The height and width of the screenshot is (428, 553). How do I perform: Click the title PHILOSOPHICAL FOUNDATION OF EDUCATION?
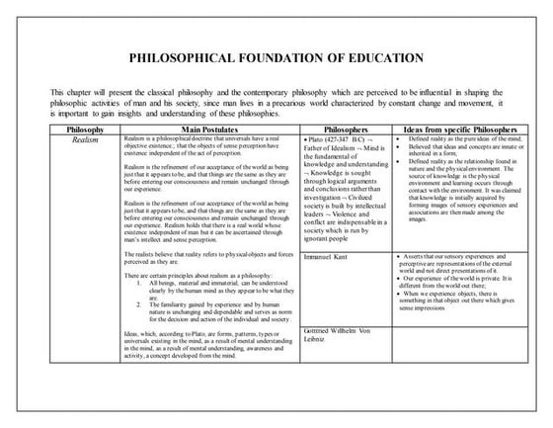[276, 56]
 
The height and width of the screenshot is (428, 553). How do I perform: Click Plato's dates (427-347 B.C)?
[348, 140]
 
